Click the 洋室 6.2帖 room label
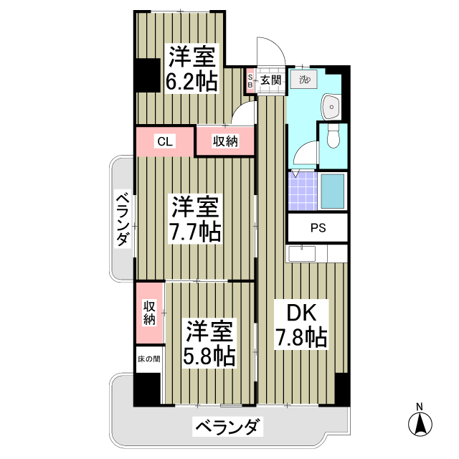point(192,68)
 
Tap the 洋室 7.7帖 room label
point(194,219)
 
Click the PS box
point(317,229)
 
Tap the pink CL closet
point(165,141)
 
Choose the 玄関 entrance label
point(270,80)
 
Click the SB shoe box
point(250,80)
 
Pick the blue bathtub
point(332,191)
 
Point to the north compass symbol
point(420,422)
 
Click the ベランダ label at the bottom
point(226,428)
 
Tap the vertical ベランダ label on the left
point(123,219)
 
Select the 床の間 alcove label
point(148,357)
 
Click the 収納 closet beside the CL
point(224,141)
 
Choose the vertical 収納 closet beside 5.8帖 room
point(149,312)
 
